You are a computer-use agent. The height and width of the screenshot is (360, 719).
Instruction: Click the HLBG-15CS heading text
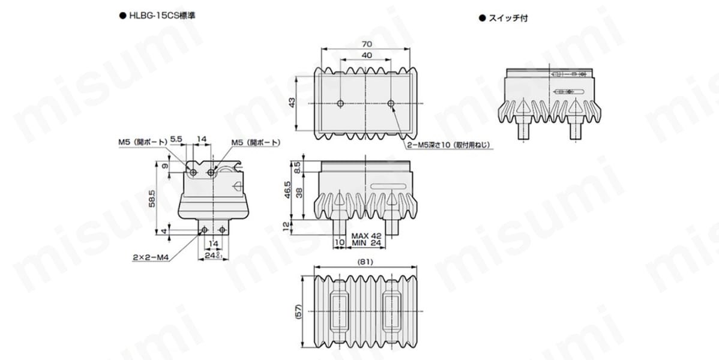tap(162, 16)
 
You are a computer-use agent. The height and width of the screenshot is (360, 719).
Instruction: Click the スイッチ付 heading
tap(508, 19)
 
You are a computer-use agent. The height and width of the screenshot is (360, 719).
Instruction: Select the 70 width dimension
tap(366, 44)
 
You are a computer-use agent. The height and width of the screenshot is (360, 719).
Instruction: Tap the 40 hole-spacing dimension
tap(366, 55)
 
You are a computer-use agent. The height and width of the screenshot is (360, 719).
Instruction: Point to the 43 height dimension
tap(292, 102)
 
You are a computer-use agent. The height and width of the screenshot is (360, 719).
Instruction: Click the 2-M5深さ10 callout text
tap(448, 145)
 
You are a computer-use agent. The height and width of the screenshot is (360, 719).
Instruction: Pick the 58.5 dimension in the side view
tap(152, 199)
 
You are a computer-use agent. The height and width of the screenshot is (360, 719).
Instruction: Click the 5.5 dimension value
tap(176, 139)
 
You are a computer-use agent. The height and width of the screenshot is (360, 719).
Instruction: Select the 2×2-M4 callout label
tap(151, 258)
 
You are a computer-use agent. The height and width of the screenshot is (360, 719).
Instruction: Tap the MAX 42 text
tap(366, 236)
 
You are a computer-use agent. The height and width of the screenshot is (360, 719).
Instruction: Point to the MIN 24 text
tap(366, 243)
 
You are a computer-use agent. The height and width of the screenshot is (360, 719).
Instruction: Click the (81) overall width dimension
tap(366, 262)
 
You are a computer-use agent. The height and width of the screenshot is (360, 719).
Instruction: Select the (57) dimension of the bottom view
tap(299, 312)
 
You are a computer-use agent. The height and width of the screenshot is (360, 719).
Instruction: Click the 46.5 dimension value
tap(287, 190)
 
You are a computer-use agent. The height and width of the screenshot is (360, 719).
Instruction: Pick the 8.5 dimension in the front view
tap(297, 167)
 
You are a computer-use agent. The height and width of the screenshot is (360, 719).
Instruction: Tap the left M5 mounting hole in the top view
tap(340, 104)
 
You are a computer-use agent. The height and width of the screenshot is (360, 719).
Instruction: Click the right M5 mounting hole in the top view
tap(391, 104)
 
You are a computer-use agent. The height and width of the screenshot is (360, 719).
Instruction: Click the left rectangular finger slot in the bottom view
tap(340, 311)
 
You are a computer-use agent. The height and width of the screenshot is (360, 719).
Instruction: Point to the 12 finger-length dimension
tap(287, 227)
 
